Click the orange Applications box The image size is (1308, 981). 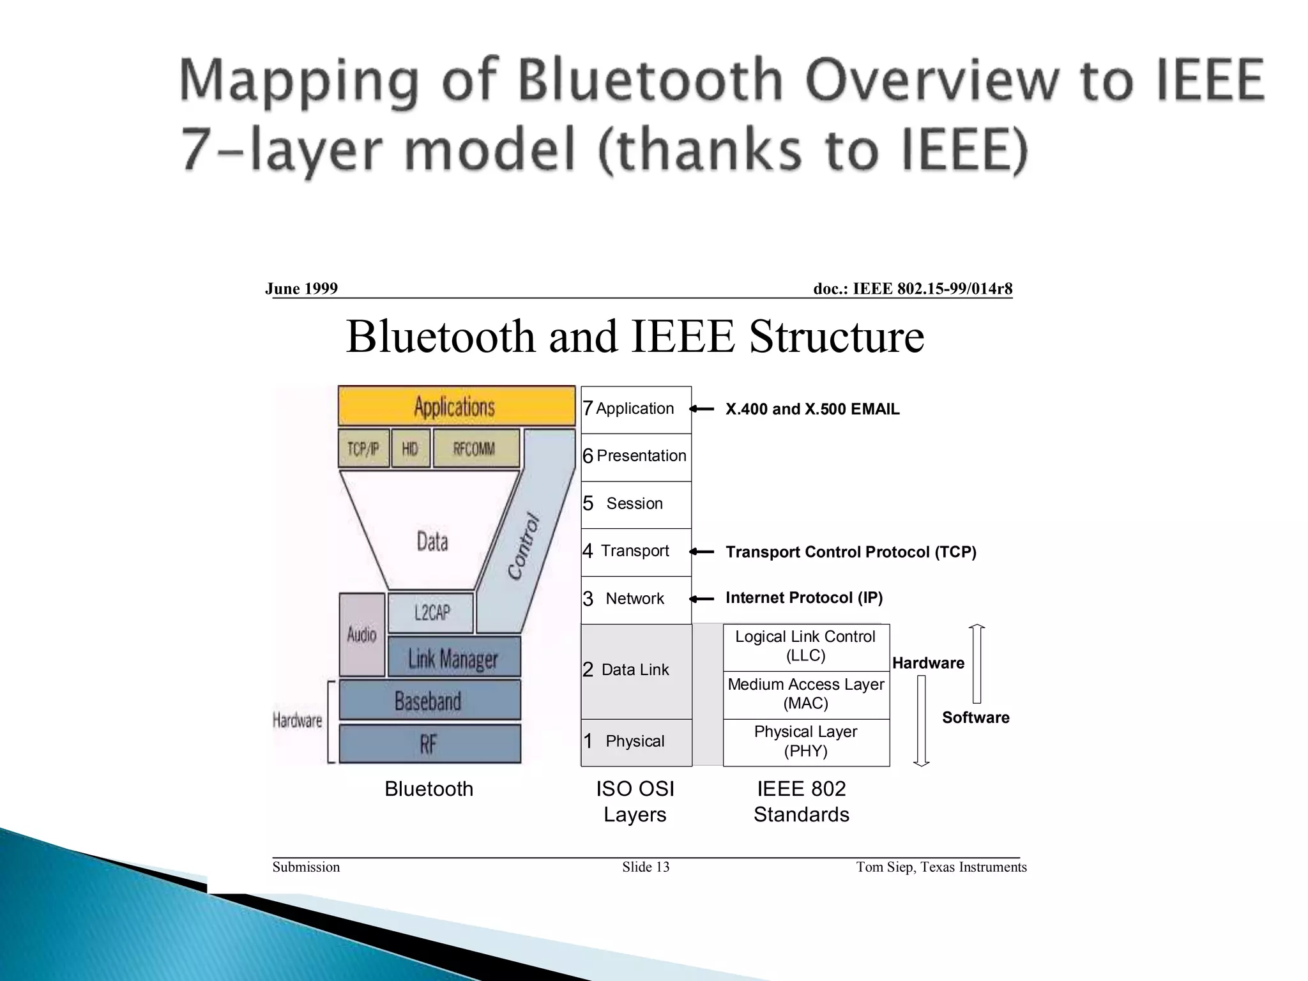point(456,406)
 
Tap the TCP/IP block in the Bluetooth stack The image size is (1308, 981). point(363,448)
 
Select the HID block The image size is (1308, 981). point(411,448)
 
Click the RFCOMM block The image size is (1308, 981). point(476,448)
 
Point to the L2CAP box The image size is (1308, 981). point(431,613)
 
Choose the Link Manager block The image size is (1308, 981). point(454,657)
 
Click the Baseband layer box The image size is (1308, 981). point(429,701)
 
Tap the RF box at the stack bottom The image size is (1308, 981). point(429,743)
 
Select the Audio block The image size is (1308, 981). point(362,634)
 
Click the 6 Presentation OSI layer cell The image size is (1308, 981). point(635,457)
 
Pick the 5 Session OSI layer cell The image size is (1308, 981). point(635,504)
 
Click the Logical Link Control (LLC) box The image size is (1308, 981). point(806,646)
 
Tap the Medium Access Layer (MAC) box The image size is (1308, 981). point(806,694)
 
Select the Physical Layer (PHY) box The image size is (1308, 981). point(806,741)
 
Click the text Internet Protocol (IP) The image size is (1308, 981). point(804,598)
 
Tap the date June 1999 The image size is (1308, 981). point(301,289)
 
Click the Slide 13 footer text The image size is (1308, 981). point(646,867)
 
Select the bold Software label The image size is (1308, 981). point(975,718)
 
